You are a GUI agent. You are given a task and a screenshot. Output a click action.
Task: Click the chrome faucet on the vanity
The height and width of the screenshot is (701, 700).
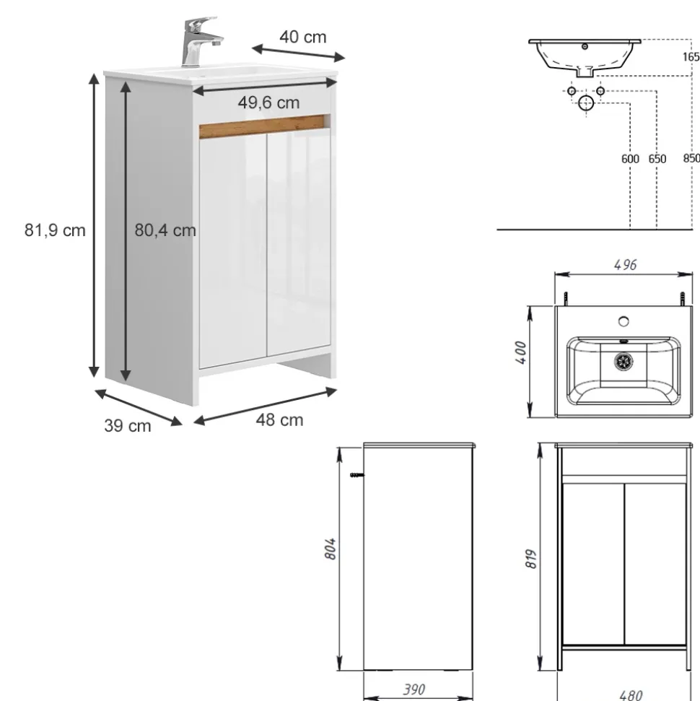tap(199, 41)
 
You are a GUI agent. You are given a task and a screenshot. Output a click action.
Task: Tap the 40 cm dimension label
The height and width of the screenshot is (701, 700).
tap(303, 37)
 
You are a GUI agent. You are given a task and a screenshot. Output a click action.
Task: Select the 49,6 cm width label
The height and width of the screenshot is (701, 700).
tap(268, 103)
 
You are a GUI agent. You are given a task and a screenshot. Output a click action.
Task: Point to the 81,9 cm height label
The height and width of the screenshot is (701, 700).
tap(55, 230)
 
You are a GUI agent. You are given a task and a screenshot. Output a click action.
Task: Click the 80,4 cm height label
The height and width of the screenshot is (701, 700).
tap(165, 230)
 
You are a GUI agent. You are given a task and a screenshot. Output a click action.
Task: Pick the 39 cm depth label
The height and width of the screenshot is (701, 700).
tap(128, 426)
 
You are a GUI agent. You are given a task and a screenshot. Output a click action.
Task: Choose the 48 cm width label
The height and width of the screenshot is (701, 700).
tap(279, 420)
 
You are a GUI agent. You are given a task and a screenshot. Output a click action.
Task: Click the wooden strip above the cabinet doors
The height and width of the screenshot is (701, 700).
tap(263, 126)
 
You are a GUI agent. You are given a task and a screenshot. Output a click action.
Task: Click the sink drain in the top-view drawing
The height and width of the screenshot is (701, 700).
tap(624, 361)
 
